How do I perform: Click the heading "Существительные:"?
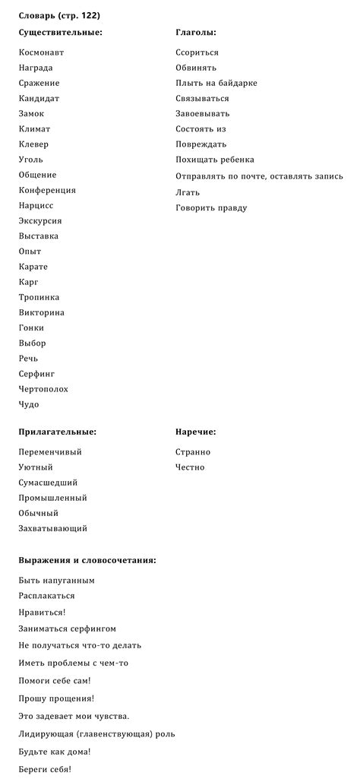(x=60, y=33)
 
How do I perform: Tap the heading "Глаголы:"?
(x=196, y=33)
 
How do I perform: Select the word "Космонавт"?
(x=41, y=52)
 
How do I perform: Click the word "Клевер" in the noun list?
(x=33, y=144)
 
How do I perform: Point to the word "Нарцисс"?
(x=36, y=205)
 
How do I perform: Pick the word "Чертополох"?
(x=43, y=389)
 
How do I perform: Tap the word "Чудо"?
(x=29, y=404)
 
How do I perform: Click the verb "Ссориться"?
(x=197, y=52)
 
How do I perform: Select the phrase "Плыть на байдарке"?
(x=216, y=83)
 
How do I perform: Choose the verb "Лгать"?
(x=188, y=192)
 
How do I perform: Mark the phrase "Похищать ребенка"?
(x=215, y=160)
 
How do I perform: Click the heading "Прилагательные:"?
(x=57, y=432)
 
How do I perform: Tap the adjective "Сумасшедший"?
(x=48, y=483)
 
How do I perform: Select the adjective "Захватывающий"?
(x=52, y=528)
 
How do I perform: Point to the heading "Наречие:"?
(x=196, y=432)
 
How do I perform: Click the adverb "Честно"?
(x=190, y=467)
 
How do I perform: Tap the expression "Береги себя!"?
(x=45, y=769)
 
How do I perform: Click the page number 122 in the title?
(x=89, y=15)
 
